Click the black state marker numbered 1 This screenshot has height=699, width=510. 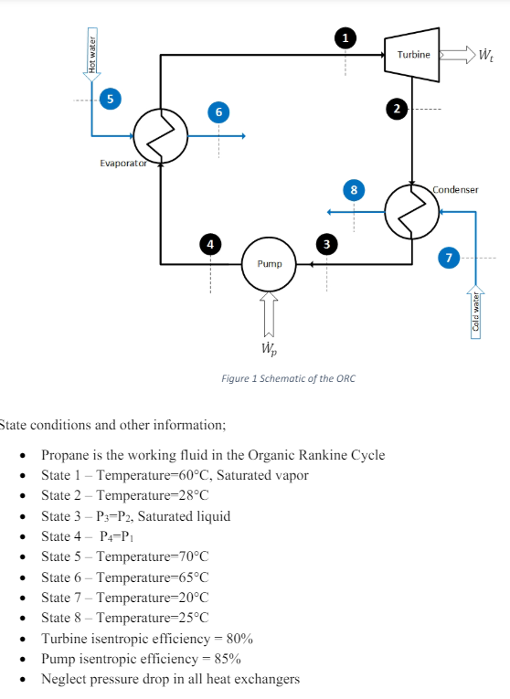click(x=345, y=37)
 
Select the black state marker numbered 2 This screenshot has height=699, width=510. click(x=396, y=109)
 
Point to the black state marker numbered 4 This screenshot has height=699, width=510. click(x=210, y=244)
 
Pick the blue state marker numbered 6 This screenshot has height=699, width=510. click(x=217, y=111)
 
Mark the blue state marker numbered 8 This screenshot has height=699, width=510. click(x=354, y=190)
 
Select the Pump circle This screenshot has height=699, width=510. click(x=269, y=264)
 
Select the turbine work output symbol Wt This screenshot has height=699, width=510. click(x=483, y=55)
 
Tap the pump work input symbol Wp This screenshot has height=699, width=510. click(x=269, y=349)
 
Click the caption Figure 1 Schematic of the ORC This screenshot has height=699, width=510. click(x=288, y=378)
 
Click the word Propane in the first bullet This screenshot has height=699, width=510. click(x=66, y=455)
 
